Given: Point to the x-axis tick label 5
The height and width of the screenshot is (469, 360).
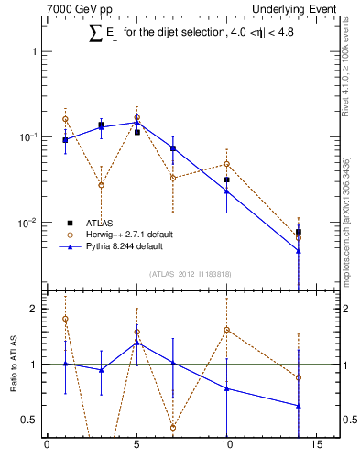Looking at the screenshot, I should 136,446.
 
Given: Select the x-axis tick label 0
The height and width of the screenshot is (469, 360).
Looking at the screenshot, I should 47,446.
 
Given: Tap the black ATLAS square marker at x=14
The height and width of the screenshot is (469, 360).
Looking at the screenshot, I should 299,232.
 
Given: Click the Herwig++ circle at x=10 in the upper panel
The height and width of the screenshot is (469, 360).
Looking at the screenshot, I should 226,164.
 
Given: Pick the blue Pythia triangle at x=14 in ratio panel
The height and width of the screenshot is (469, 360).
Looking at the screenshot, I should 299,406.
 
